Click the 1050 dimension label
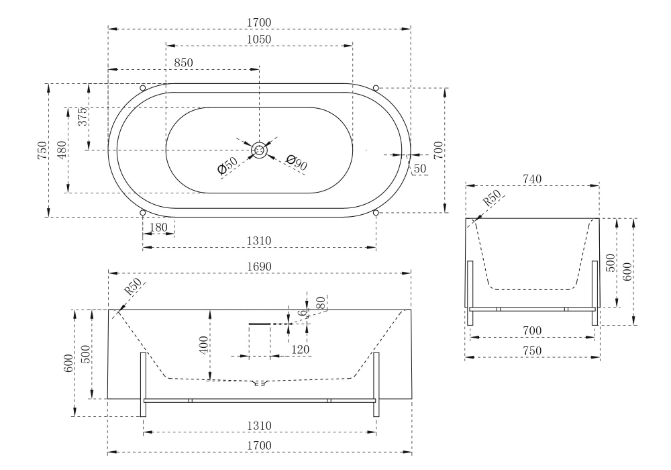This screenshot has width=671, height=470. pyautogui.click(x=259, y=40)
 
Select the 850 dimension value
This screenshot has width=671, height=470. pyautogui.click(x=183, y=63)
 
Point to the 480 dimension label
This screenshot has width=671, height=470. pyautogui.click(x=61, y=150)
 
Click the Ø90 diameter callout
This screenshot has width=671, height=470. pyautogui.click(x=296, y=162)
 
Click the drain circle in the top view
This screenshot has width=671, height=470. pyautogui.click(x=259, y=150)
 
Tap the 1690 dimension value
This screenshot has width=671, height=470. pyautogui.click(x=259, y=267)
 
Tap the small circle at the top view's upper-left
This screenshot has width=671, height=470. pyautogui.click(x=142, y=88)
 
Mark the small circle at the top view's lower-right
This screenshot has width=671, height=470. pyautogui.click(x=376, y=213)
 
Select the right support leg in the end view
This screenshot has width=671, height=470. pyautogui.click(x=595, y=293)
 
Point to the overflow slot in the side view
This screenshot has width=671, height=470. pyautogui.click(x=259, y=324)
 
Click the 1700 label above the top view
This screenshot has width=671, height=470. pyautogui.click(x=259, y=23)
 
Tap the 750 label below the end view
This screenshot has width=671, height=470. pyautogui.click(x=532, y=350)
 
